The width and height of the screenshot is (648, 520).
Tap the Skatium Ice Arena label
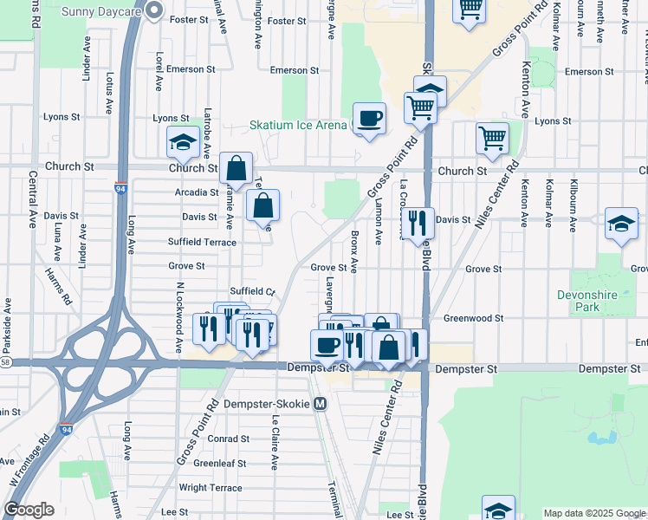[x=298, y=125]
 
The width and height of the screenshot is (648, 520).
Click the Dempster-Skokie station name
[x=267, y=404]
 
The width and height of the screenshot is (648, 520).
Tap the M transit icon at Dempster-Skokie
[x=321, y=404]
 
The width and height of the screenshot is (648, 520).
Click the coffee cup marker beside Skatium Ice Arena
[x=369, y=119]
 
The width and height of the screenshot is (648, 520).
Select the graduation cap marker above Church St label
[x=183, y=142]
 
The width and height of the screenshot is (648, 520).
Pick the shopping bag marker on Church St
[x=236, y=169]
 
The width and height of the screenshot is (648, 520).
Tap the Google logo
[x=29, y=510]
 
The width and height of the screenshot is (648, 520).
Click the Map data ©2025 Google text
[x=593, y=513]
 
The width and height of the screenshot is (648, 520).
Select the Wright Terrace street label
[x=211, y=488]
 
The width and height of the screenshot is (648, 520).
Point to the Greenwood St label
[x=473, y=318]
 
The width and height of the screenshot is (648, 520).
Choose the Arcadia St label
[x=196, y=192]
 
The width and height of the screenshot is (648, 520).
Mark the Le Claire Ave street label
[x=275, y=442]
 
